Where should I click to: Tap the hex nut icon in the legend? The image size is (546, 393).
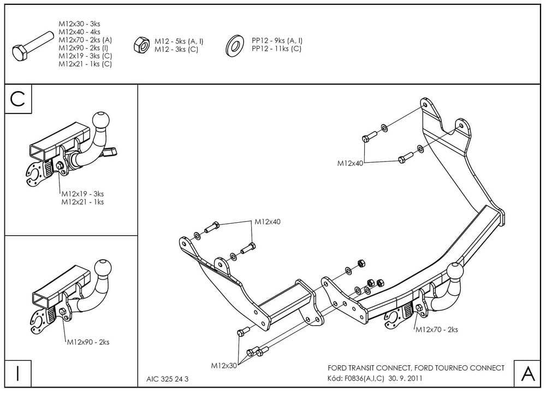coord(140,44)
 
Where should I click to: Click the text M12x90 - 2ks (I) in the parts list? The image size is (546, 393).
coord(85,48)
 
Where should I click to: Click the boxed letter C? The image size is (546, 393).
coord(18,99)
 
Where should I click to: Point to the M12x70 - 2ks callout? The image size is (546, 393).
coord(436,329)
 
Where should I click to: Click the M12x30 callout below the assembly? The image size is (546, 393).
coord(224,365)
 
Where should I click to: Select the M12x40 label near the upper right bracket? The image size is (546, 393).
coord(351,163)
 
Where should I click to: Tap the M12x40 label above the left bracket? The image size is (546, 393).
coord(268,222)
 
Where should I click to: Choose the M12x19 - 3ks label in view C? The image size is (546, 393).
coord(82,194)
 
